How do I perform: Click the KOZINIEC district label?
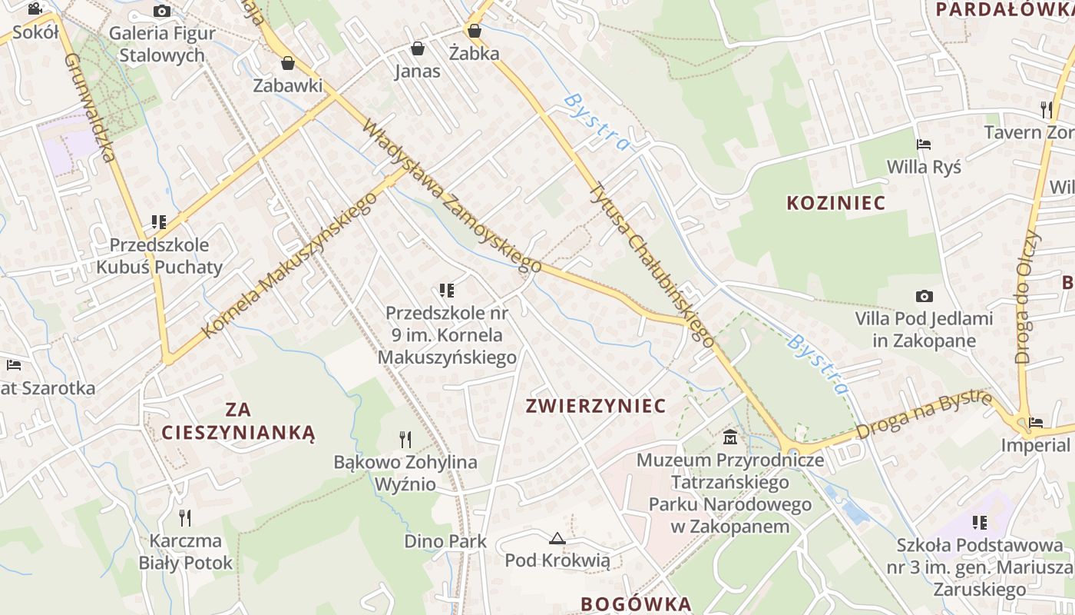(x=835, y=203)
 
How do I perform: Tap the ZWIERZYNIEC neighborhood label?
(x=595, y=406)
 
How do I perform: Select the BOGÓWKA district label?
(x=636, y=603)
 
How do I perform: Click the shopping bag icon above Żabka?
(x=475, y=31)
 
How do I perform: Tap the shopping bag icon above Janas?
(x=418, y=49)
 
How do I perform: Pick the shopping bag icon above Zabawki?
(x=288, y=63)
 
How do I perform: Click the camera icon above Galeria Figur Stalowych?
(x=162, y=11)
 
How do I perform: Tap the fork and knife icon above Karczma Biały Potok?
(x=185, y=517)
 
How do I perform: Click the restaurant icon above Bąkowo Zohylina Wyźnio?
(x=405, y=439)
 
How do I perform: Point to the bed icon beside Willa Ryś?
(x=924, y=145)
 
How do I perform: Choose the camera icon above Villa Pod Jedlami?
(x=925, y=296)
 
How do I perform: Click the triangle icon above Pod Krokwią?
(x=557, y=538)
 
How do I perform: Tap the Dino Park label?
(x=445, y=541)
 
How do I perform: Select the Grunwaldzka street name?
(x=90, y=108)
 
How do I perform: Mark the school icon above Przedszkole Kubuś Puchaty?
(x=159, y=223)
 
